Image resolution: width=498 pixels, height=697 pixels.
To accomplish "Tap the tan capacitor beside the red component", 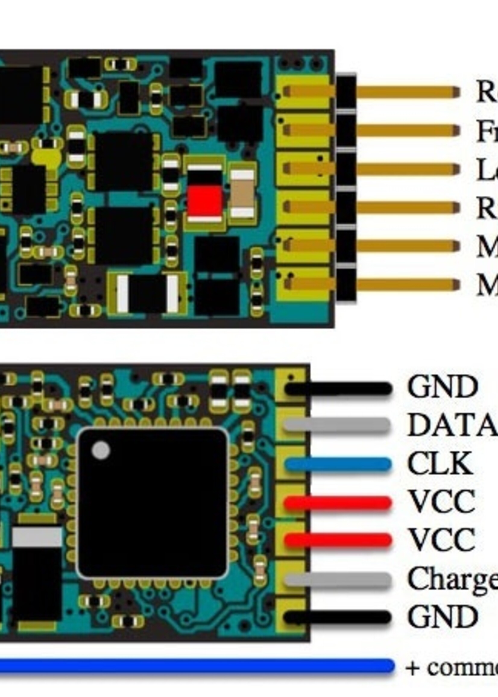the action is (242, 194).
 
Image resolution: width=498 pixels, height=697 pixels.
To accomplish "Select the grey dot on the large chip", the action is (101, 450).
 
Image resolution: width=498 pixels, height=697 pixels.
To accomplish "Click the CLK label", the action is (440, 464).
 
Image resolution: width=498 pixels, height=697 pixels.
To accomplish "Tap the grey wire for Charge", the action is (337, 579).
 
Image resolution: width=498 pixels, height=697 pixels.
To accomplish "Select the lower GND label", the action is (442, 617).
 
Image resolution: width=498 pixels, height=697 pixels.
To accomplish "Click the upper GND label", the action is (442, 387).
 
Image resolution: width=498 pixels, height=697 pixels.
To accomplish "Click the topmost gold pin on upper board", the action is (408, 92).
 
